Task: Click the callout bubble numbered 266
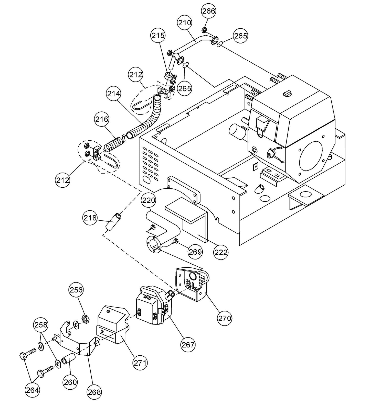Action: (x=209, y=11)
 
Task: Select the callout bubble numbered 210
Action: (x=184, y=23)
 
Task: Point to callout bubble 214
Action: (x=113, y=94)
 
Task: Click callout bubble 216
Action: (x=102, y=119)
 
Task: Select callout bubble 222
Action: (x=221, y=252)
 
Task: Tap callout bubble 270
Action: (x=225, y=318)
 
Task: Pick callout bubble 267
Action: (x=188, y=345)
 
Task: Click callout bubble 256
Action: (x=76, y=290)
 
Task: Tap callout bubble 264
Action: (x=33, y=390)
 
